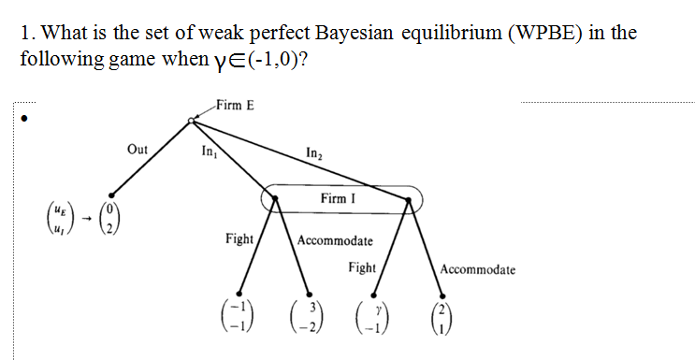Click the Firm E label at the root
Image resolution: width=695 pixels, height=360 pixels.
click(x=234, y=104)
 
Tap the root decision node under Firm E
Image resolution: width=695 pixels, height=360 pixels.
click(x=192, y=120)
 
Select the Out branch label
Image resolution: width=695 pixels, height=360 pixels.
click(x=138, y=150)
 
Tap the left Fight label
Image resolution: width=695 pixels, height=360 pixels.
click(x=239, y=239)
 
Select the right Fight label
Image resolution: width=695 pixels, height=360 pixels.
click(x=361, y=268)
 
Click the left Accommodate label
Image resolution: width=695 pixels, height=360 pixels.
click(x=335, y=241)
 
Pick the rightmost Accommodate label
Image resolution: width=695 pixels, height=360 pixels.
click(x=477, y=269)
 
